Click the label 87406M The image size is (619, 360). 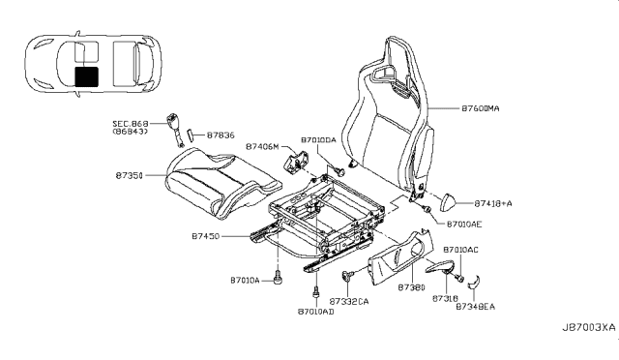point(262,146)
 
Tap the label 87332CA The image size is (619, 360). point(349,303)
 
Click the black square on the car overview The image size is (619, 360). point(87,77)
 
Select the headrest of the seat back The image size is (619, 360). point(401,58)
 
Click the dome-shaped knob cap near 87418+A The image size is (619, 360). point(448,204)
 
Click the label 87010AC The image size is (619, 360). point(459,250)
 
